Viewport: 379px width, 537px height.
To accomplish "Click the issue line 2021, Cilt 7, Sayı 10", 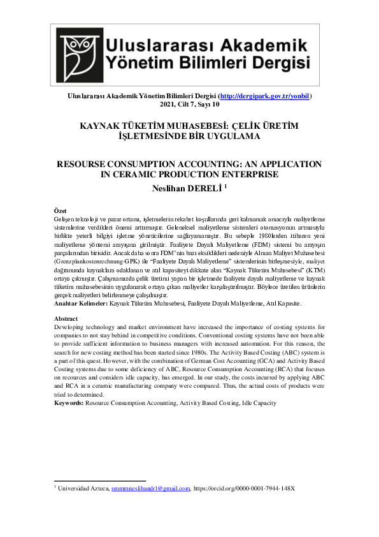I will point(189,104).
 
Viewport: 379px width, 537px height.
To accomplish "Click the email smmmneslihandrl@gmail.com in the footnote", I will point(151,489).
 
